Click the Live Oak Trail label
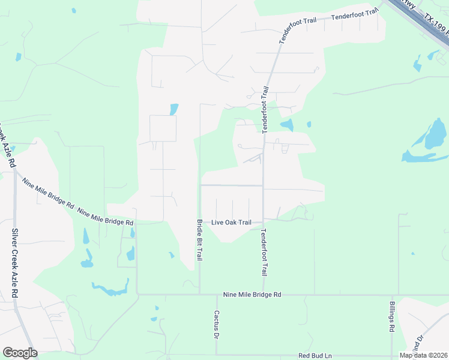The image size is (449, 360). (231, 223)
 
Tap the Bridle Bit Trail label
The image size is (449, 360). (199, 239)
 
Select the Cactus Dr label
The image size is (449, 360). (216, 324)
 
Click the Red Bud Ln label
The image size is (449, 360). (315, 356)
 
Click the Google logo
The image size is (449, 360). (20, 353)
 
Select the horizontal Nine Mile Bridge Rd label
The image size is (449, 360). (252, 295)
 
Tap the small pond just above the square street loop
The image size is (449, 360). (174, 109)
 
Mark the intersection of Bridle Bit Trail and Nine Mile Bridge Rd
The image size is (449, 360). (199, 295)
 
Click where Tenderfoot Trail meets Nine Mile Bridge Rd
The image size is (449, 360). (263, 295)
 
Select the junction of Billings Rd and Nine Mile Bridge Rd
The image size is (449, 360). (391, 295)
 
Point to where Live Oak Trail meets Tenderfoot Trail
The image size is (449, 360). (263, 222)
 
